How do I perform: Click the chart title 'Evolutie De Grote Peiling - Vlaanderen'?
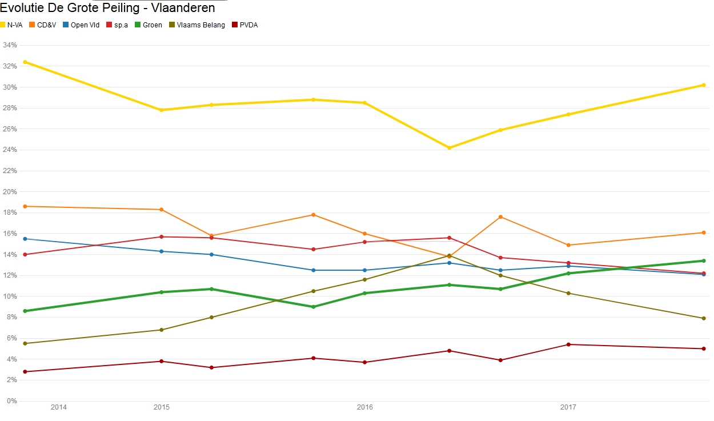(x=107, y=8)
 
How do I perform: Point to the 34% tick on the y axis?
(x=9, y=45)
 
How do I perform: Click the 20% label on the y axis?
(x=9, y=192)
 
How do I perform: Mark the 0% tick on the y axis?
(x=11, y=401)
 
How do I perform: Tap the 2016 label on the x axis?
(x=364, y=407)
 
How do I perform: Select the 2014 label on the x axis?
(x=59, y=407)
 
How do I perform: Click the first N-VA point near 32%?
(x=25, y=62)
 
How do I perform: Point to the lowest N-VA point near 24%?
(x=450, y=148)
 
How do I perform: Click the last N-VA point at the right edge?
(x=704, y=85)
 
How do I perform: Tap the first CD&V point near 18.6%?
(x=25, y=206)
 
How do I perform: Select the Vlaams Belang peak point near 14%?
(x=450, y=256)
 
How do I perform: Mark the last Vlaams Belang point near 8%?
(x=704, y=318)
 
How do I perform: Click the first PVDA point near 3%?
(x=25, y=372)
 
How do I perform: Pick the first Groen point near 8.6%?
(x=25, y=311)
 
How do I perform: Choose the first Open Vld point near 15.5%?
(x=25, y=239)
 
